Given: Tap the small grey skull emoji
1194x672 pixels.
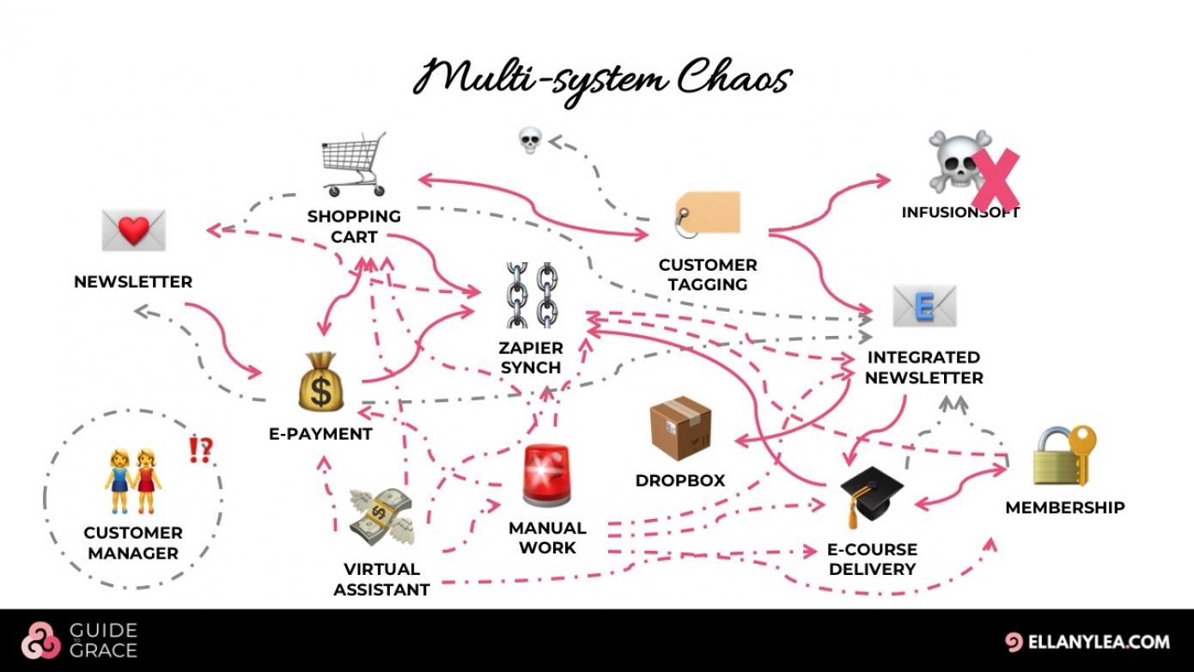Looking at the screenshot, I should (x=530, y=140).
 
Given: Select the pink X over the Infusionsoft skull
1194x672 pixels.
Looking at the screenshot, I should (x=996, y=180).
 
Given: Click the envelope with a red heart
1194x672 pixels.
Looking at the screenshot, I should (x=133, y=229).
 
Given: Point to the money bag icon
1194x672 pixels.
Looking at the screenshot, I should (x=320, y=382).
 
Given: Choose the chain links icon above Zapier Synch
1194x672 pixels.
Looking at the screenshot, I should (x=531, y=295).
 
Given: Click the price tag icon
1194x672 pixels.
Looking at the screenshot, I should (x=708, y=213).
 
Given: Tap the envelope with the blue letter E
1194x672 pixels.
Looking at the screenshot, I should (x=924, y=307).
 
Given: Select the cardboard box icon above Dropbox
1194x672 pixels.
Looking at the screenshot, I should (x=680, y=428).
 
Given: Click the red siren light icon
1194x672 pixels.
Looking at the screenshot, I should (x=547, y=475).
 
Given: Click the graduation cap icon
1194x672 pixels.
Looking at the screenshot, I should (x=871, y=496).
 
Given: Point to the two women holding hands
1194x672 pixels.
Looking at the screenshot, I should (x=132, y=480).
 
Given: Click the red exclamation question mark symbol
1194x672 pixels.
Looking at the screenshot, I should (x=200, y=449).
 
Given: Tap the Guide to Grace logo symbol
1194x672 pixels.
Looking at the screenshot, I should (x=41, y=640).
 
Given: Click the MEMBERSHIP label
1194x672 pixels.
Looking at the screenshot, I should (x=1064, y=507).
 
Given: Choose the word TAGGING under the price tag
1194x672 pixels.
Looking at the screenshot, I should (x=708, y=284).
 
